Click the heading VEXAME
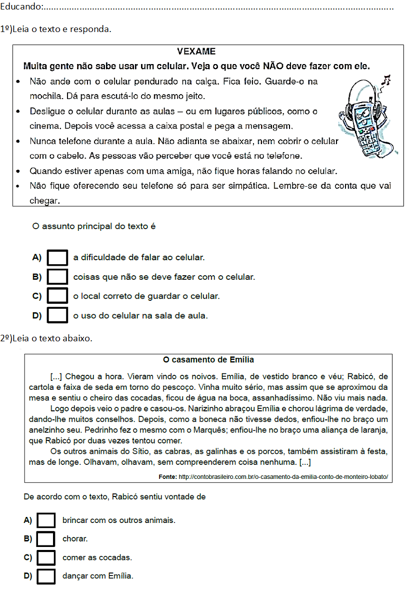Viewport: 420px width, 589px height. coord(196,52)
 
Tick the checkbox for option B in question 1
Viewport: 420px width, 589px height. coord(57,277)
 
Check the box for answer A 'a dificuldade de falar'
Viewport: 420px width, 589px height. coord(57,258)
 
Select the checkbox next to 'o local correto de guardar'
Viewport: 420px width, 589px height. coord(57,296)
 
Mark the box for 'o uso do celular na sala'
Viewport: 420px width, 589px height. coord(57,316)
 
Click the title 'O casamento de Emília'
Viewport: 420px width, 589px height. coord(208,360)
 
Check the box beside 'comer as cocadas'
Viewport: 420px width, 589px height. coord(46,557)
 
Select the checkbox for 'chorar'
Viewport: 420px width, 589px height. coord(46,539)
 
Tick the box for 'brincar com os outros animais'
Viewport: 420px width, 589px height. coord(46,520)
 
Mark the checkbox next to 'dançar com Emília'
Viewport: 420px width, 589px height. coord(46,576)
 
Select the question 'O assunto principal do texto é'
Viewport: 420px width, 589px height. coord(94,227)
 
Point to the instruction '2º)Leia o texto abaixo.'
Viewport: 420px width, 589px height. coord(46,338)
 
